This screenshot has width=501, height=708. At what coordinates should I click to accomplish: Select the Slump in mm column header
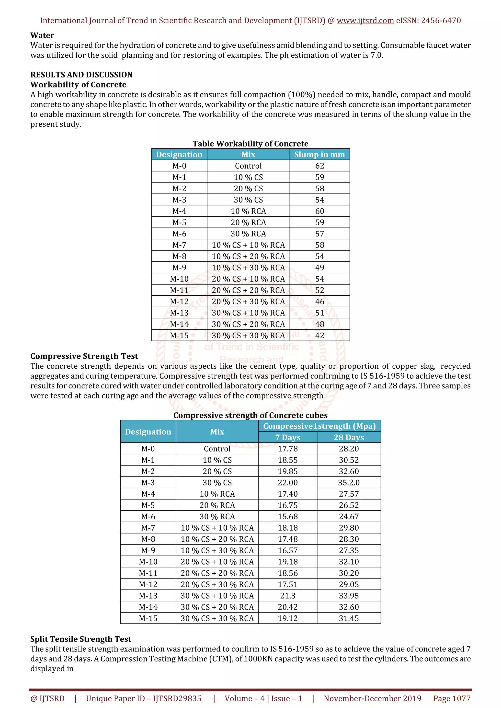tap(319, 154)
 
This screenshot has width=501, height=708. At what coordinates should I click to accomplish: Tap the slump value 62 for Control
tap(319, 166)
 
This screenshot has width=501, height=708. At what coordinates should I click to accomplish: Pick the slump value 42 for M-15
tap(319, 335)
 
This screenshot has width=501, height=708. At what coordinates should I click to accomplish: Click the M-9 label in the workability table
tap(179, 268)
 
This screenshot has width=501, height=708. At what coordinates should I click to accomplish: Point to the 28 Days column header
tap(349, 437)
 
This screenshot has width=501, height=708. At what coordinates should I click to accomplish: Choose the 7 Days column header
tap(287, 437)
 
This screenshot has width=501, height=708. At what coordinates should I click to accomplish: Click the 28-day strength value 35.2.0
tap(349, 483)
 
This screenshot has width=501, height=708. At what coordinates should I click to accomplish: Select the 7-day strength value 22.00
tap(287, 483)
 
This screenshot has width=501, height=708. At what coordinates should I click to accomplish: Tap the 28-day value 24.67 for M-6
tap(349, 516)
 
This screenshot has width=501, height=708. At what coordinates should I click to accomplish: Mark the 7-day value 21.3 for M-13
tap(287, 596)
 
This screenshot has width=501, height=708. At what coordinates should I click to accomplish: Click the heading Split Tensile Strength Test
tap(80, 639)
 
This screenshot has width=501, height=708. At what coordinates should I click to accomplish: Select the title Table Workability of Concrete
tap(250, 144)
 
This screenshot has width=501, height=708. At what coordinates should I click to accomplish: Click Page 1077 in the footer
tap(452, 698)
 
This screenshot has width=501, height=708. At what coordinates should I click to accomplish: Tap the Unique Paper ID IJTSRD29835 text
tap(144, 698)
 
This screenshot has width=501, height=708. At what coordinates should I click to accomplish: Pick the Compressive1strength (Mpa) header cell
tap(319, 426)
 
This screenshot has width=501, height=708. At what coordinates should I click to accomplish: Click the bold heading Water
tap(42, 35)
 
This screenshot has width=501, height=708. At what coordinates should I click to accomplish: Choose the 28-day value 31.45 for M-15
tap(349, 618)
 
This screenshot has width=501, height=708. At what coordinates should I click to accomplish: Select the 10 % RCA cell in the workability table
tap(248, 211)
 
